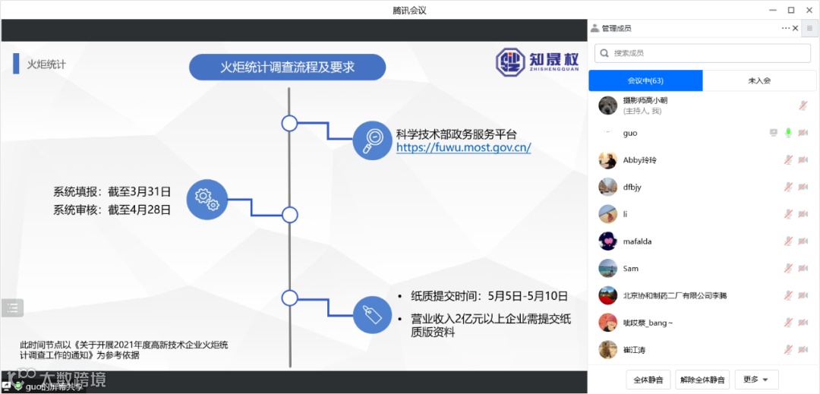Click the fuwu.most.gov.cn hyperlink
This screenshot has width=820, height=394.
click(463, 148)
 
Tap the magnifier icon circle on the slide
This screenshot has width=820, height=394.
click(373, 140)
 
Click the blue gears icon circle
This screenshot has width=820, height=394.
click(207, 200)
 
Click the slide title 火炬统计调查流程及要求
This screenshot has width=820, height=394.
click(287, 67)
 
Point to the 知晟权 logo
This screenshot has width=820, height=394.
click(537, 61)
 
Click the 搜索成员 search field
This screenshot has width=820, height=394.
click(702, 53)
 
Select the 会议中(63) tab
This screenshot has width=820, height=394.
click(645, 80)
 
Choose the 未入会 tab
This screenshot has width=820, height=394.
click(758, 80)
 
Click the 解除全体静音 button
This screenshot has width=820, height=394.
click(702, 380)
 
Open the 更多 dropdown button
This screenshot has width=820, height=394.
click(756, 380)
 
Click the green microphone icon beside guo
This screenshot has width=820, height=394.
click(788, 133)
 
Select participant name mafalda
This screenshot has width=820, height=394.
click(637, 241)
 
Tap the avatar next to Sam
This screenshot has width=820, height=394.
click(607, 269)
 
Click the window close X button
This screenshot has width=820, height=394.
click(809, 10)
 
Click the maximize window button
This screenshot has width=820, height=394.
click(790, 10)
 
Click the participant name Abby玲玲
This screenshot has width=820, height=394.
click(639, 160)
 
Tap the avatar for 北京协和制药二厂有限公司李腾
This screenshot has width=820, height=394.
click(607, 295)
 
